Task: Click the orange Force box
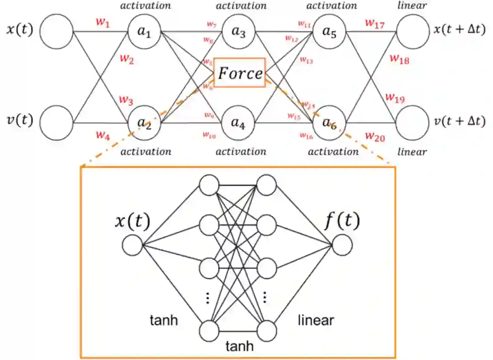(x=240, y=73)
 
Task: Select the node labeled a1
(x=144, y=32)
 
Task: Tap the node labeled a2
(x=144, y=122)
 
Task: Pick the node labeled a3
(x=238, y=32)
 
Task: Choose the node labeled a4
(x=238, y=122)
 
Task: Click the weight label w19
(x=395, y=98)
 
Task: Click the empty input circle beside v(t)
(x=57, y=122)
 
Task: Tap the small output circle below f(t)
(x=342, y=245)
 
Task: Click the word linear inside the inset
(x=315, y=320)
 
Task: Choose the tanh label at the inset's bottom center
(x=240, y=346)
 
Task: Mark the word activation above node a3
(x=241, y=6)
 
